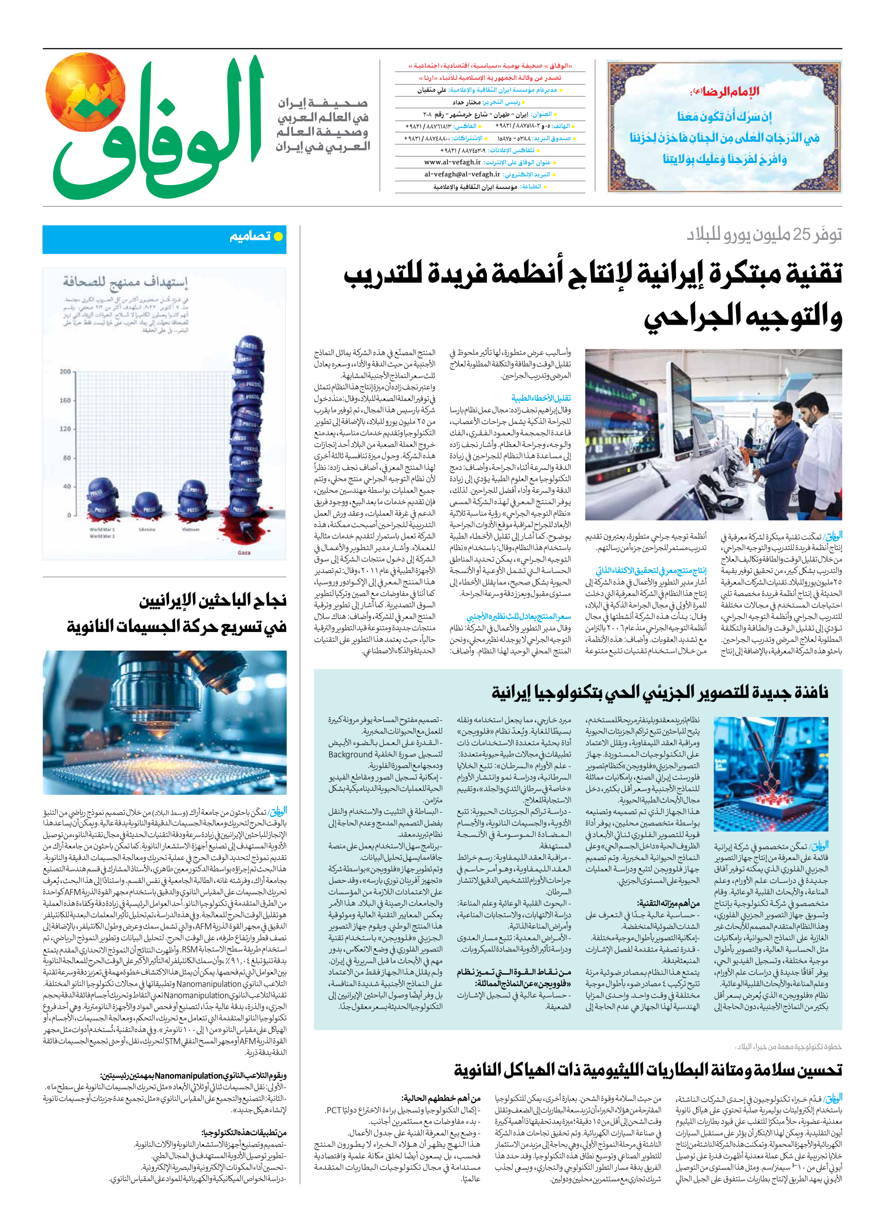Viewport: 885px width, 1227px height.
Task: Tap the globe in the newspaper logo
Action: click(85, 92)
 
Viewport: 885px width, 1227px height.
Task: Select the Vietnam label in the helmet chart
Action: click(190, 529)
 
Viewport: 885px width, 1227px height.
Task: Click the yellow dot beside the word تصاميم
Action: click(278, 236)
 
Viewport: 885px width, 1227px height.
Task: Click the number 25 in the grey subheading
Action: click(799, 235)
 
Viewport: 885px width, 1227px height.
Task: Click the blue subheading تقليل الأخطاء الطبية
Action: click(541, 398)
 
